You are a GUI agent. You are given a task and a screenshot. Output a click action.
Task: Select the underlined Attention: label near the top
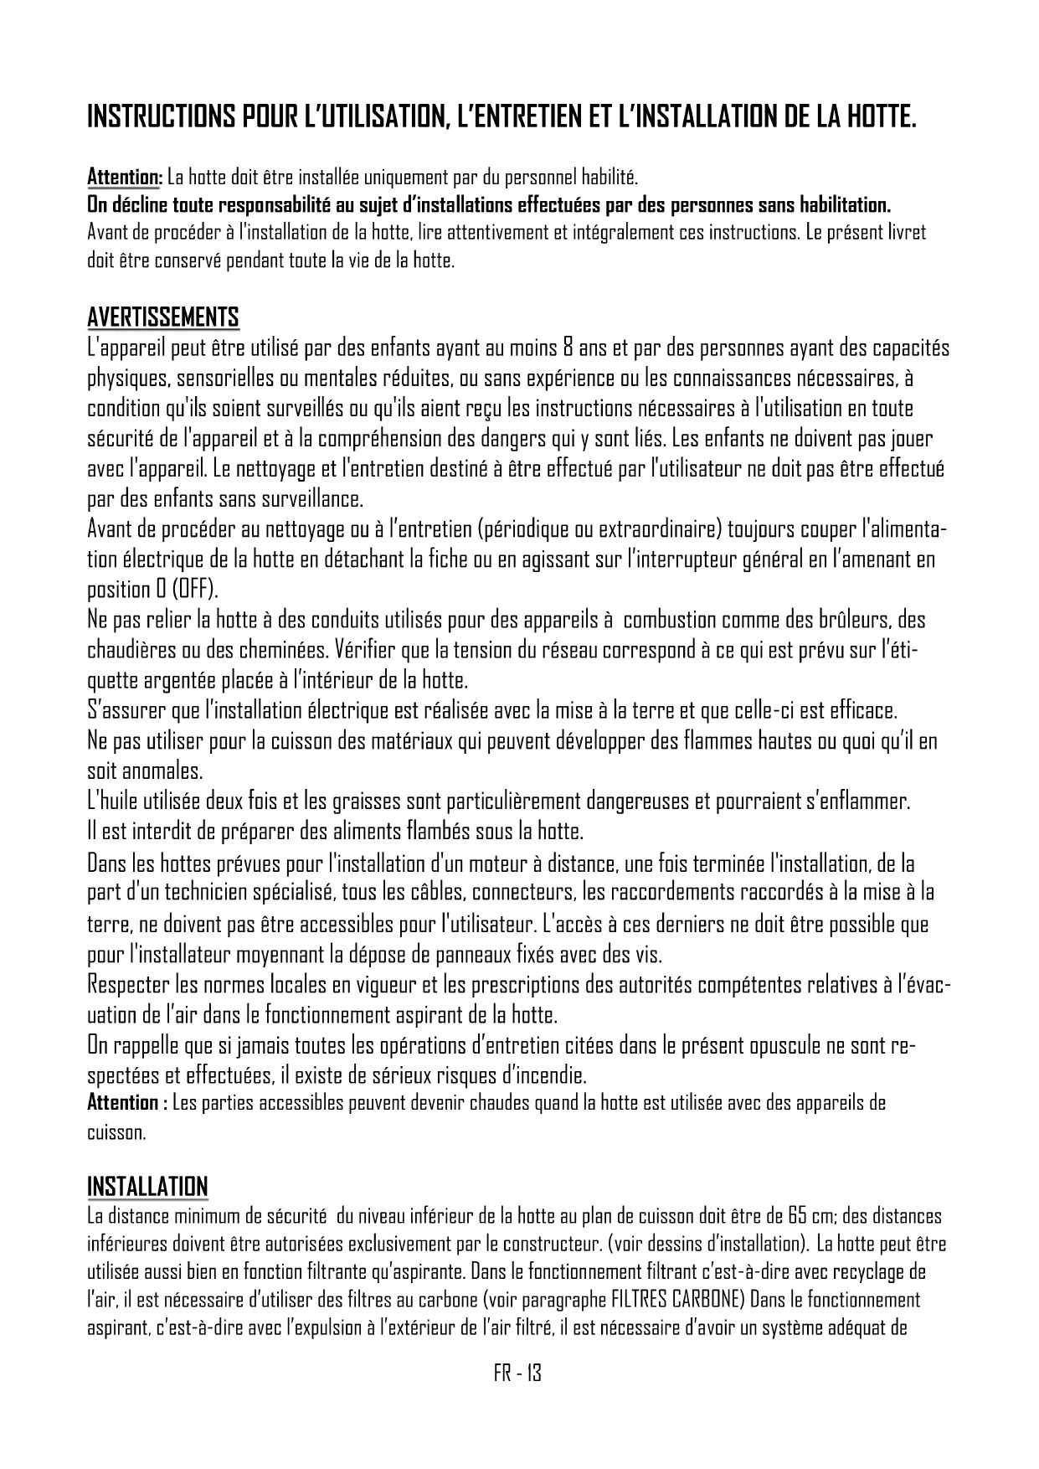[125, 178]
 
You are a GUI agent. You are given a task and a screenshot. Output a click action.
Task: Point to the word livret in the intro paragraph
[905, 232]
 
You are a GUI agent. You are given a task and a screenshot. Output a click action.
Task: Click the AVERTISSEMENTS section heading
[163, 317]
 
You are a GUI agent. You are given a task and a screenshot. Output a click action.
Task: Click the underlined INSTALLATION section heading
[147, 1187]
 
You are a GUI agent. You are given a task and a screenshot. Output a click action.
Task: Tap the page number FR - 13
[518, 1374]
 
